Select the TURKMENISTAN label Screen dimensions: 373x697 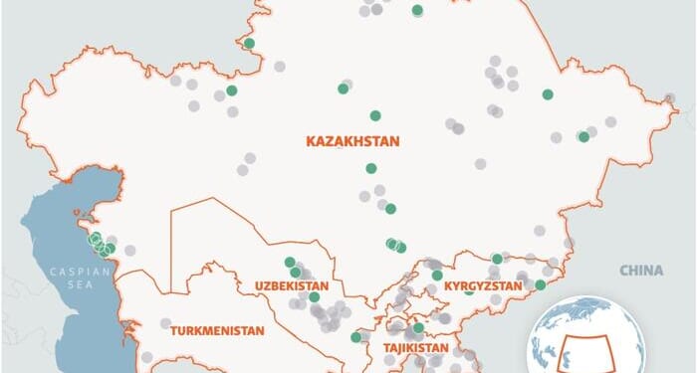(x=216, y=329)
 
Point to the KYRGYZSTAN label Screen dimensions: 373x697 (x=483, y=286)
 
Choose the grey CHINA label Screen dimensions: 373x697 (x=640, y=270)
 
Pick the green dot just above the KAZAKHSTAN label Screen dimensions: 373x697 (x=375, y=115)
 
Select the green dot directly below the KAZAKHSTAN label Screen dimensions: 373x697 (x=371, y=168)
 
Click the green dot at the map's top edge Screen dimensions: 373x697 (x=417, y=11)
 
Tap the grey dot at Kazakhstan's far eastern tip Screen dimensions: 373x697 (x=670, y=98)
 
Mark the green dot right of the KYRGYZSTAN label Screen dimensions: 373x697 (x=541, y=285)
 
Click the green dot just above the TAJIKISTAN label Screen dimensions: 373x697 (x=418, y=327)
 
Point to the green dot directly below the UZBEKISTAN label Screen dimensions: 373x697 (x=314, y=296)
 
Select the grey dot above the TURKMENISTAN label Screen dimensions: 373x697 (x=165, y=322)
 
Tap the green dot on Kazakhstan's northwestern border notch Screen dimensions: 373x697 (x=249, y=43)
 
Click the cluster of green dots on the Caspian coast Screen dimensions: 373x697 (x=101, y=244)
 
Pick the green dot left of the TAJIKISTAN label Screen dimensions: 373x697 (x=356, y=337)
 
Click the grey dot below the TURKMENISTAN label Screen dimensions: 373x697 (x=147, y=356)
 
